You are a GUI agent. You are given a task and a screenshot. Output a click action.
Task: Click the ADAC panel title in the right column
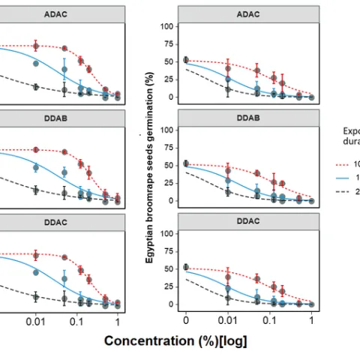pyautogui.click(x=248, y=13)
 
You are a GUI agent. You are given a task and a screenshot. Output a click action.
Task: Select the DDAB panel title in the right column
pyautogui.click(x=248, y=118)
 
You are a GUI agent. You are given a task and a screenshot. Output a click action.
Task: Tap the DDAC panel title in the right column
pyautogui.click(x=248, y=221)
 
